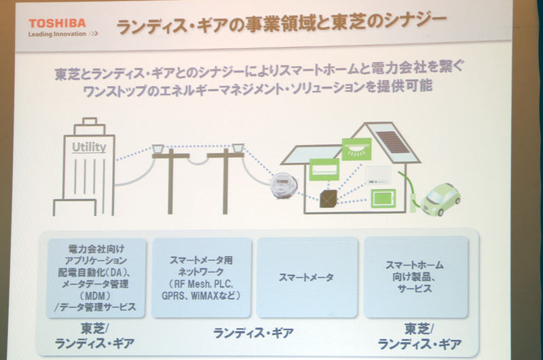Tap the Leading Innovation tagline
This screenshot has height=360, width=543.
(x=58, y=33)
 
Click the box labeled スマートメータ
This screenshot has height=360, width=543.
(x=307, y=277)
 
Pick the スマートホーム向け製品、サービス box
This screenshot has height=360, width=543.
(x=416, y=277)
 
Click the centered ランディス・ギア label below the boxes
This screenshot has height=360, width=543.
(x=253, y=333)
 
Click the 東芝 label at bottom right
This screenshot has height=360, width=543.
(x=415, y=327)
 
